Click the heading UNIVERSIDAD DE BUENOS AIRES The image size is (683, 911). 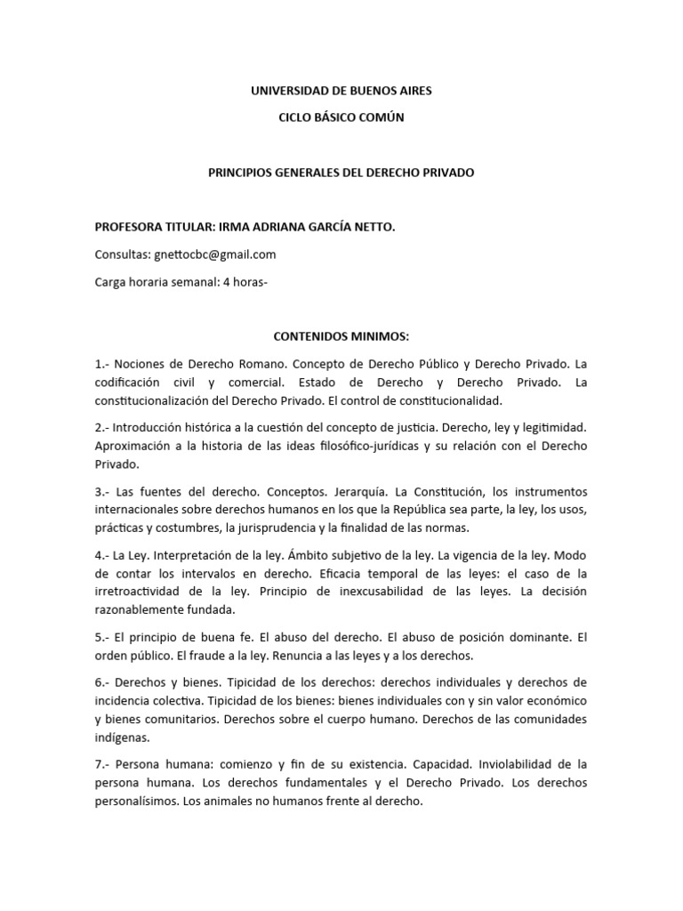point(341,91)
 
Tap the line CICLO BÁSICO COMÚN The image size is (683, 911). point(341,118)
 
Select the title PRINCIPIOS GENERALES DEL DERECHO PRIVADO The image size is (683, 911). point(341,173)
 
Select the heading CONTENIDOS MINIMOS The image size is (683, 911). point(341,337)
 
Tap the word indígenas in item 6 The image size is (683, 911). point(124,738)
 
